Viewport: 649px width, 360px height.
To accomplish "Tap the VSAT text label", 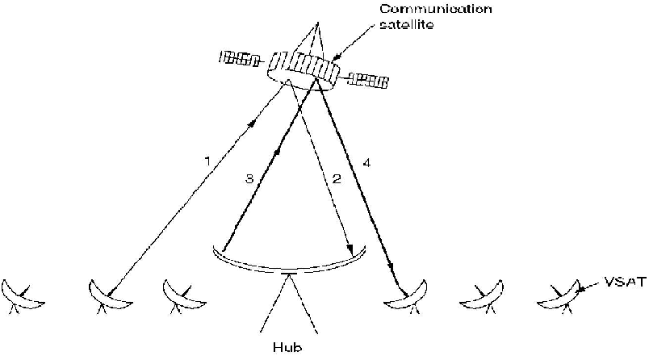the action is coord(626,283).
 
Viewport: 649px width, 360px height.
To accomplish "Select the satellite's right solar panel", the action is coord(368,79).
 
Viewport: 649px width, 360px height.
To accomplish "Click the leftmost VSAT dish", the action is coord(24,295).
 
